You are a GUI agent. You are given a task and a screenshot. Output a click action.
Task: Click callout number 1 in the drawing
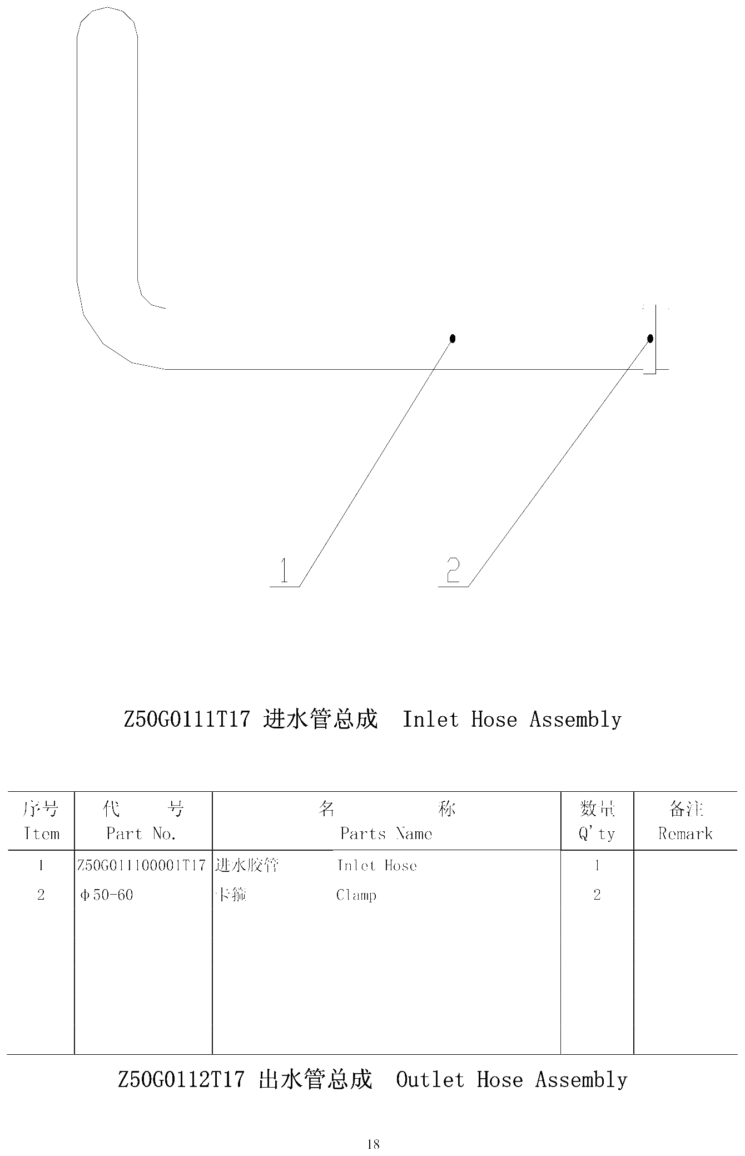[x=285, y=570]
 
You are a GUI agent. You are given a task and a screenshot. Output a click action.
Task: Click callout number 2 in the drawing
[x=454, y=570]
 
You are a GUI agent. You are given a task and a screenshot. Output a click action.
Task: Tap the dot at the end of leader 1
[x=453, y=338]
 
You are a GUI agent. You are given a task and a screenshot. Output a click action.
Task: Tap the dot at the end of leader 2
[x=650, y=338]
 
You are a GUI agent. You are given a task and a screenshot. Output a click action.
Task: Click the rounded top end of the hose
[x=107, y=8]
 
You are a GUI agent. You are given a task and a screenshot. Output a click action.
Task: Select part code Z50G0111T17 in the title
[x=186, y=720]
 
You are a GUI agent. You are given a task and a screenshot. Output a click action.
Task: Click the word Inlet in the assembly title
[x=431, y=720]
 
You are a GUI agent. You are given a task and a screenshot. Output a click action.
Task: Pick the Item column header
[x=41, y=833]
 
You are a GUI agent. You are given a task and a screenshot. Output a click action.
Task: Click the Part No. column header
[x=142, y=833]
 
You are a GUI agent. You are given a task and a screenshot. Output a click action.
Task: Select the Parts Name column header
[x=386, y=833]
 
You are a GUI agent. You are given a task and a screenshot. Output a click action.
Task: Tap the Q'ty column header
[x=597, y=833]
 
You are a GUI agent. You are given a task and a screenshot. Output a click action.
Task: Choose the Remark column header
[x=686, y=833]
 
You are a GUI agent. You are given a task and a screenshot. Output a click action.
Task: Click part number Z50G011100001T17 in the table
[x=141, y=865]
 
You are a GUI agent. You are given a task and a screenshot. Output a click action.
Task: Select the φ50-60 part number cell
[x=107, y=895]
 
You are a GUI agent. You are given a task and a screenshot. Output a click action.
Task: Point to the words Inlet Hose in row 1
[x=377, y=865]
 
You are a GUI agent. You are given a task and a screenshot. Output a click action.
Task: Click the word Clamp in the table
[x=356, y=895]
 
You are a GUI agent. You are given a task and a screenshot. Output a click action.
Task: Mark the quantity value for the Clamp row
[x=597, y=895]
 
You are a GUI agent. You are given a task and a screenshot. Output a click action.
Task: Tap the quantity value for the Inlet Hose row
[x=597, y=865]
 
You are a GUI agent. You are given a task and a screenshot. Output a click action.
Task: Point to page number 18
[x=373, y=1144]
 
